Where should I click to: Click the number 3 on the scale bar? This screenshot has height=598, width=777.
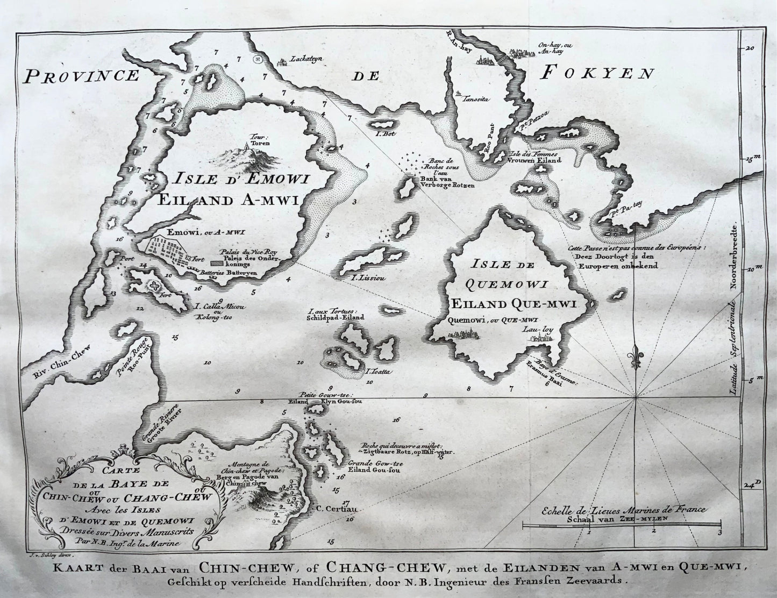[x=719, y=532]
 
